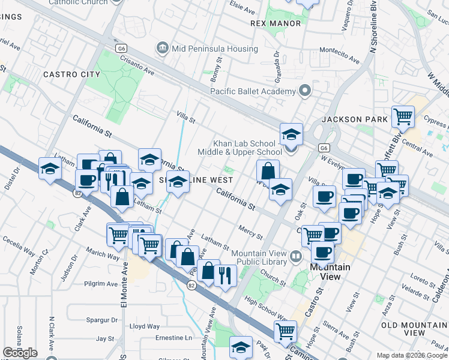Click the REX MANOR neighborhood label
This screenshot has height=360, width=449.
click(275, 23)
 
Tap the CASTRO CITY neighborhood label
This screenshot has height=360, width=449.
click(72, 74)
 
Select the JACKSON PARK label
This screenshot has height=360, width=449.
click(355, 119)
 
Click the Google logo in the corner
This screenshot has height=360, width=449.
click(19, 352)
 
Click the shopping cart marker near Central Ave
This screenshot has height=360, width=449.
click(403, 116)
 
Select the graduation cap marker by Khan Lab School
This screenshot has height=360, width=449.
click(291, 134)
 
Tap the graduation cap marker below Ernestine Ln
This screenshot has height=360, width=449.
click(241, 347)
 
